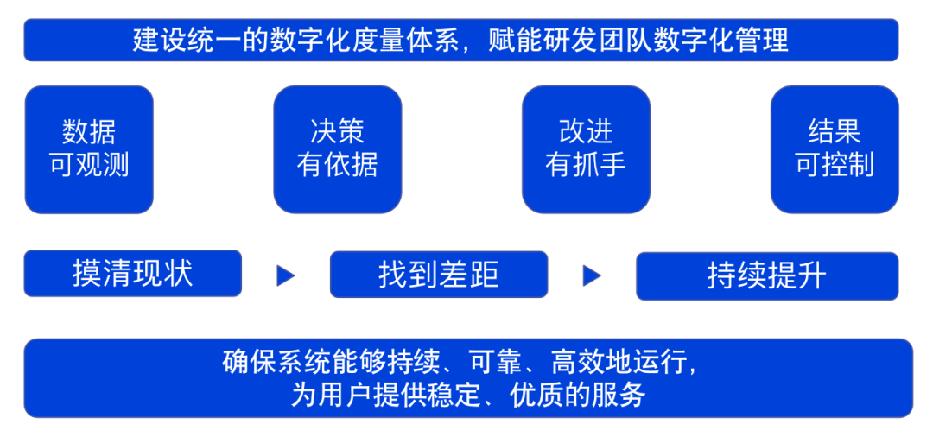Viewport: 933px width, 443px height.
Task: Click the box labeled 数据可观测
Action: pyautogui.click(x=89, y=149)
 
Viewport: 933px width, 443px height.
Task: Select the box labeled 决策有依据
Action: pyautogui.click(x=337, y=149)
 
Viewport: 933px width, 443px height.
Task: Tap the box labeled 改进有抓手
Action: pyautogui.click(x=586, y=149)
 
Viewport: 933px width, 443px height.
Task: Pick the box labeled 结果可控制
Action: pyautogui.click(x=834, y=149)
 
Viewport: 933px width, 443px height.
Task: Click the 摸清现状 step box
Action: pyautogui.click(x=132, y=274)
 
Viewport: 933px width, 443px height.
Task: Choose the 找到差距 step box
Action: pyautogui.click(x=438, y=275)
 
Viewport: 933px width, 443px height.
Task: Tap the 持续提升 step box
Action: pyautogui.click(x=766, y=275)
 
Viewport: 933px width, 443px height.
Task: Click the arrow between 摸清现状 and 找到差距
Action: pyautogui.click(x=286, y=275)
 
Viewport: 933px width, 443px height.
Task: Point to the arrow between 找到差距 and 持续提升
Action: pyautogui.click(x=592, y=275)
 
